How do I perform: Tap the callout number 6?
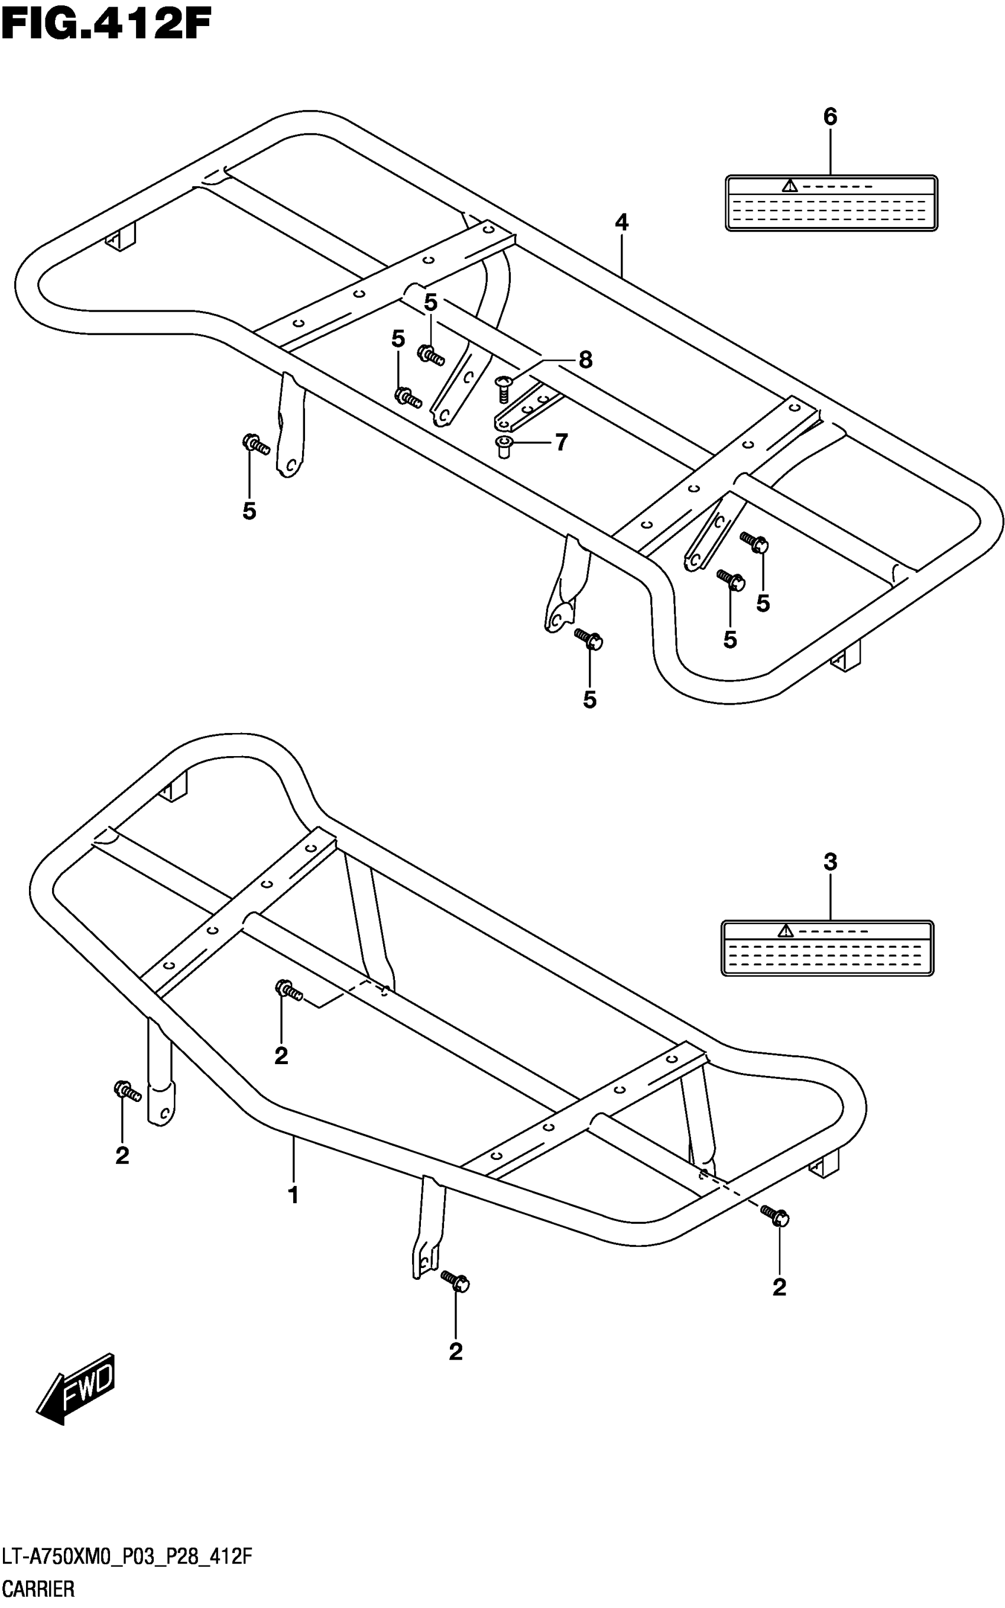(x=830, y=117)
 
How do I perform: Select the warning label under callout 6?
(x=831, y=203)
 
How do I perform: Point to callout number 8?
(x=585, y=360)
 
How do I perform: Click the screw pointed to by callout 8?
(x=504, y=389)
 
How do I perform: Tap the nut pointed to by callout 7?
(x=504, y=446)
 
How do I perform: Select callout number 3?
(x=830, y=863)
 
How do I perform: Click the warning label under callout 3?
(x=828, y=948)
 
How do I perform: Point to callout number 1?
(x=293, y=1195)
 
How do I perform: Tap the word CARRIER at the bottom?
(x=39, y=1590)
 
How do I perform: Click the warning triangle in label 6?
(x=789, y=186)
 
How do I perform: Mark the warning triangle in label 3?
(x=786, y=931)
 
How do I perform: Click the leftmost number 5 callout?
(x=249, y=511)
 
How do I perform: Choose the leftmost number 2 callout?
(x=122, y=1156)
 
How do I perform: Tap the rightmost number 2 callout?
(x=780, y=1287)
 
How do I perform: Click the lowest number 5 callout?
(x=589, y=700)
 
